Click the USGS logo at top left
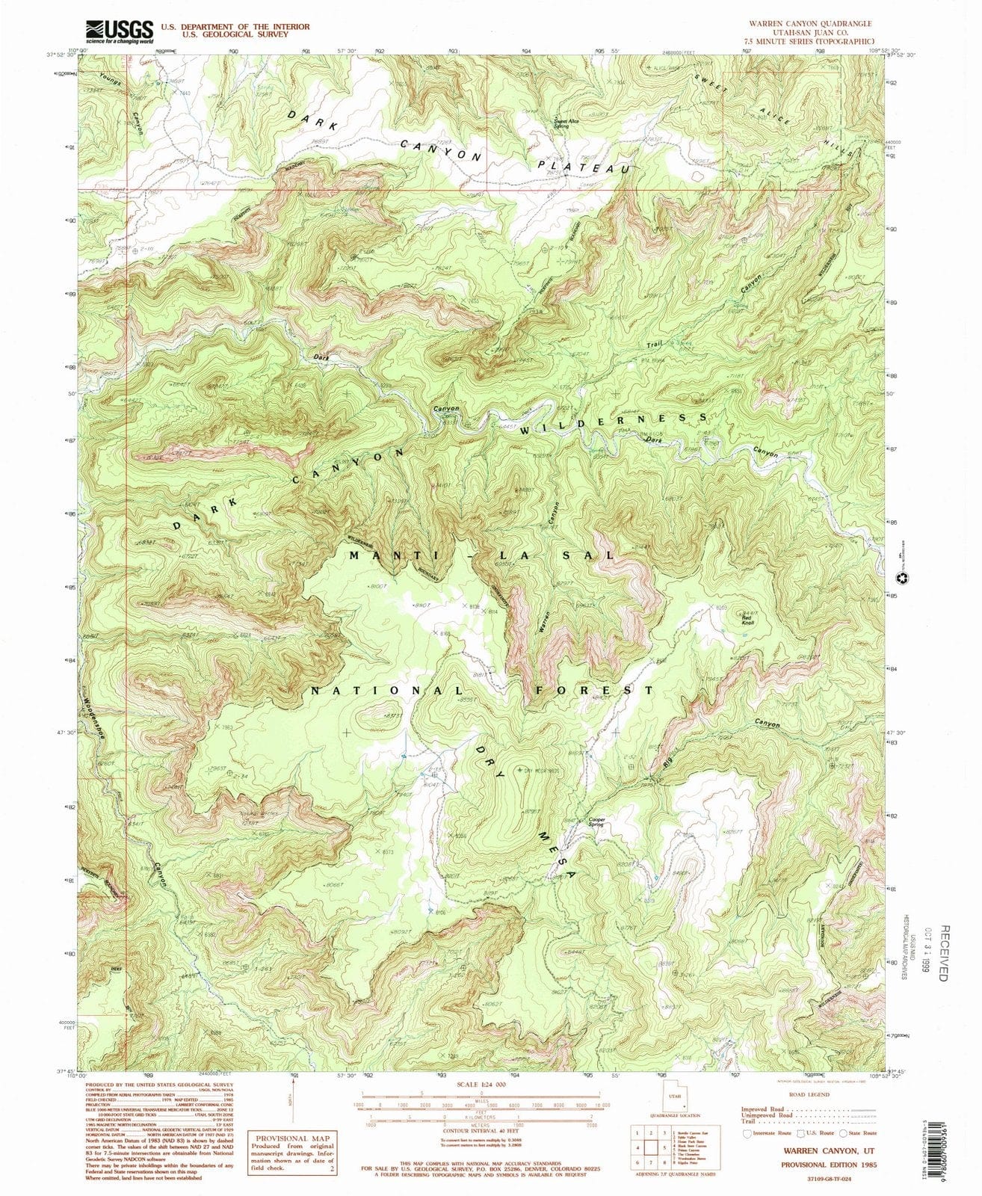[x=120, y=32]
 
